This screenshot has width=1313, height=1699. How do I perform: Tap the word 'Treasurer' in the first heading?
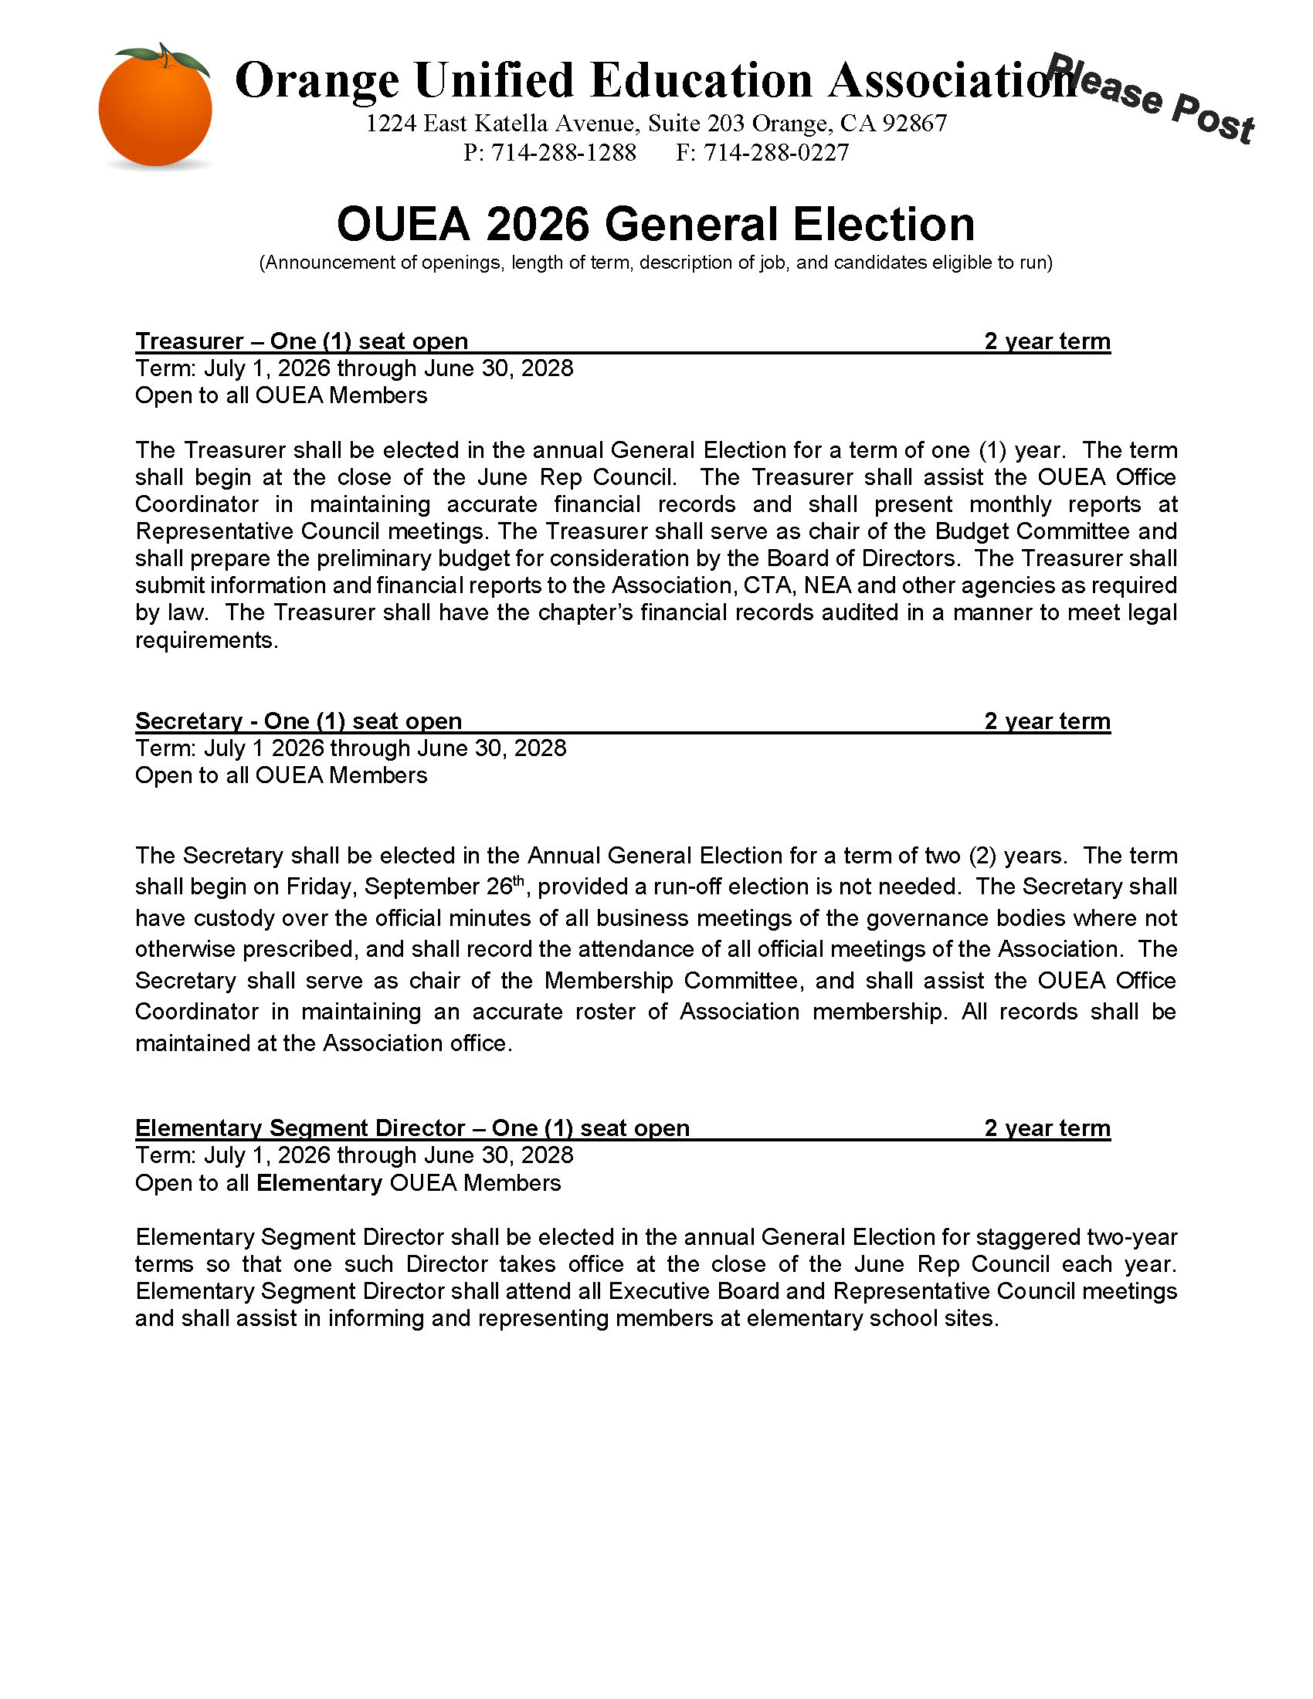[190, 341]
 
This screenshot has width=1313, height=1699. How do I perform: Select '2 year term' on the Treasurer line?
[1047, 341]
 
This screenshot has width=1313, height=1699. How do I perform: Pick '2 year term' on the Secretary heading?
[1047, 721]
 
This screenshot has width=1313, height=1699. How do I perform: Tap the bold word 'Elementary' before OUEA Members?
[319, 1182]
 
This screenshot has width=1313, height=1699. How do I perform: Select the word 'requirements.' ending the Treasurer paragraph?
[206, 640]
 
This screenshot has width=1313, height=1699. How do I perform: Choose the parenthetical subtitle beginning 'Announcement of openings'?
[656, 262]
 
